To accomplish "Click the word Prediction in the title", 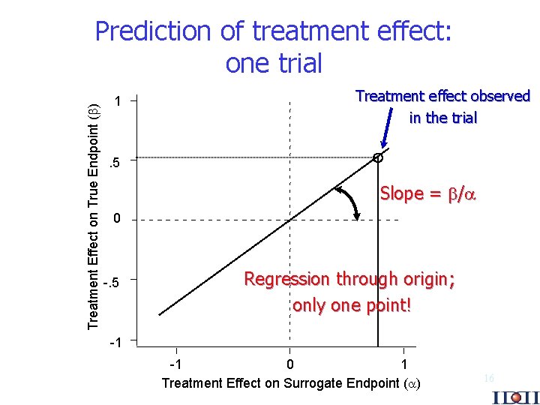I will point(154,31).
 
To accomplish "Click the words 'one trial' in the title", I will point(274,64).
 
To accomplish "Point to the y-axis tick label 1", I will point(116,100).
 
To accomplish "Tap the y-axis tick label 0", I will point(116,220).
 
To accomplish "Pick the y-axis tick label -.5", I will point(112,281).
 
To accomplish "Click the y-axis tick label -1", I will point(115,342).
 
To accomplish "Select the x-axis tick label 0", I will point(291,364).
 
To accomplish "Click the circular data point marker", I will point(378,157).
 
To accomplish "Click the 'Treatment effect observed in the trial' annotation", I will point(442,106).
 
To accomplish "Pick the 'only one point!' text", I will point(352,305).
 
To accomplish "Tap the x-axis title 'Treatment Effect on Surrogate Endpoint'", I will point(292,383).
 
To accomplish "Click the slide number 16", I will point(488,379).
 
